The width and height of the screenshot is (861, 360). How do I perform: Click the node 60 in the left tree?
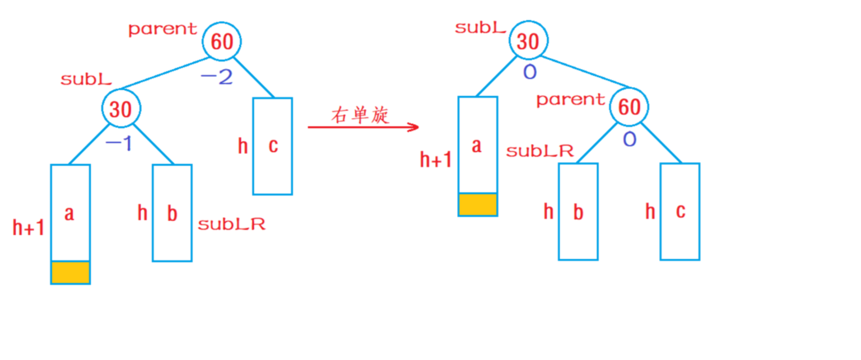[x=222, y=41]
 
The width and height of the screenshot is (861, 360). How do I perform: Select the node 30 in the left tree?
[x=120, y=109]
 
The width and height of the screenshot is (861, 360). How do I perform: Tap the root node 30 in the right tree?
[x=528, y=41]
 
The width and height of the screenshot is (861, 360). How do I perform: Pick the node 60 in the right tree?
[x=629, y=106]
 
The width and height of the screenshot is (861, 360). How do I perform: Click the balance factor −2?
[x=216, y=77]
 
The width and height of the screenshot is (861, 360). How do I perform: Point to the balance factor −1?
[x=119, y=144]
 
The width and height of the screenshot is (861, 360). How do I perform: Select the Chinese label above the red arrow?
[x=360, y=115]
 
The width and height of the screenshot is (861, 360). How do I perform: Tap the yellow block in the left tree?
[x=71, y=272]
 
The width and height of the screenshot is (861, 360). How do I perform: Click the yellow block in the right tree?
[x=477, y=204]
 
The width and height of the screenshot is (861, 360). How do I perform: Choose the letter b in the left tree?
[x=172, y=213]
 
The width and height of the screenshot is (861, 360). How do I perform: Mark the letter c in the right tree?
[x=680, y=211]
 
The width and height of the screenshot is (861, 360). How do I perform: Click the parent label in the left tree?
[x=163, y=29]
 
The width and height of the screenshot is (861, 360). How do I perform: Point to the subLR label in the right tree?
[x=539, y=151]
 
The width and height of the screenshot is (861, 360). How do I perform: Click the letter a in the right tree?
[x=477, y=146]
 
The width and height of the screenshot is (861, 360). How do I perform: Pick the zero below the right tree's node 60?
[x=629, y=139]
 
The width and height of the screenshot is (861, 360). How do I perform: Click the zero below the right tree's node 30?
[x=529, y=72]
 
